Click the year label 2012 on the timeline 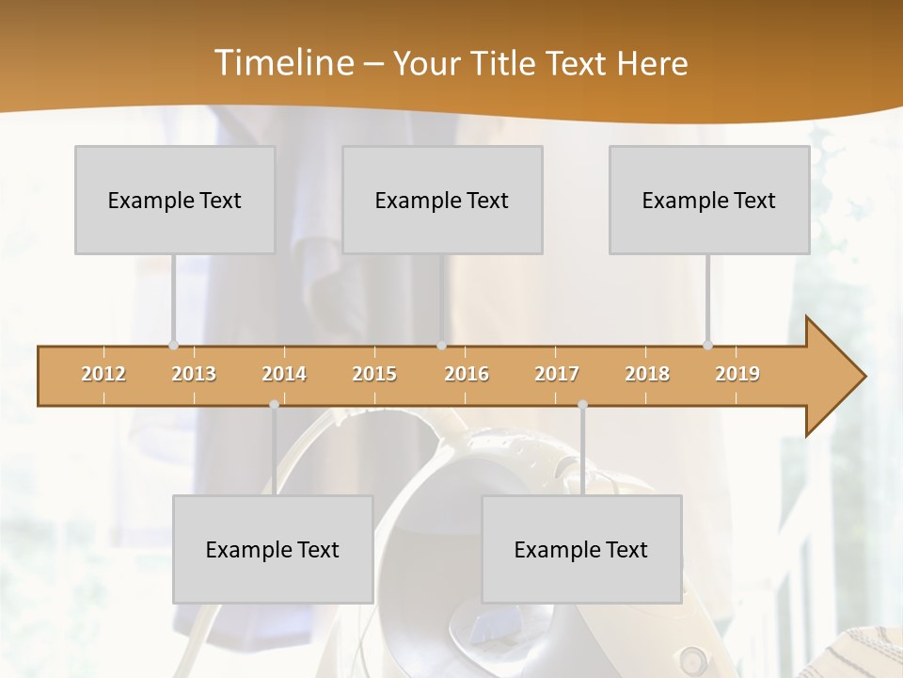103,374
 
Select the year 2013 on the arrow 194,374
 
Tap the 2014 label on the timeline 284,374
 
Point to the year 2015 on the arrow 374,374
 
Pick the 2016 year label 467,374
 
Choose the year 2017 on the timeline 557,374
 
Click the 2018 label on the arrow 647,374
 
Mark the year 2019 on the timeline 737,374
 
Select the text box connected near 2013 175,200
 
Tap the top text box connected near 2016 442,200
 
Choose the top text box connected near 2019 709,200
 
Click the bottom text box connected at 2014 273,549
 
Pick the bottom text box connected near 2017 581,549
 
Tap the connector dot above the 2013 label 173,346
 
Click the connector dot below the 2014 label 274,404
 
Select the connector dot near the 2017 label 582,404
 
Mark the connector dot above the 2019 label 707,346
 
